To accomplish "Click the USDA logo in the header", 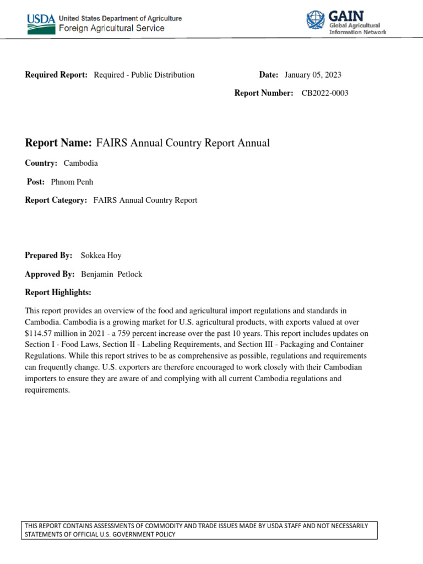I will point(41,23).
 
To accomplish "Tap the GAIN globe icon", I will point(316,21).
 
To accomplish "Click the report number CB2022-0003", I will point(325,93).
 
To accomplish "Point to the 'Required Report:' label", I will point(56,75).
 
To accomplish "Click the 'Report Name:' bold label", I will point(58,143).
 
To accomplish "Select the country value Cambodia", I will point(81,164).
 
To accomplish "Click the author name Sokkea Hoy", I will point(100,256).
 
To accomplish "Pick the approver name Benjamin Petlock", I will point(112,274).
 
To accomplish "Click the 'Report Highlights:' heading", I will point(58,292).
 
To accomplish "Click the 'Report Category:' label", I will point(56,200).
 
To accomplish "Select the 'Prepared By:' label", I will point(49,256).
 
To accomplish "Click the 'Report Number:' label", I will point(264,93).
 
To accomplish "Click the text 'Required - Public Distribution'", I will point(144,75).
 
